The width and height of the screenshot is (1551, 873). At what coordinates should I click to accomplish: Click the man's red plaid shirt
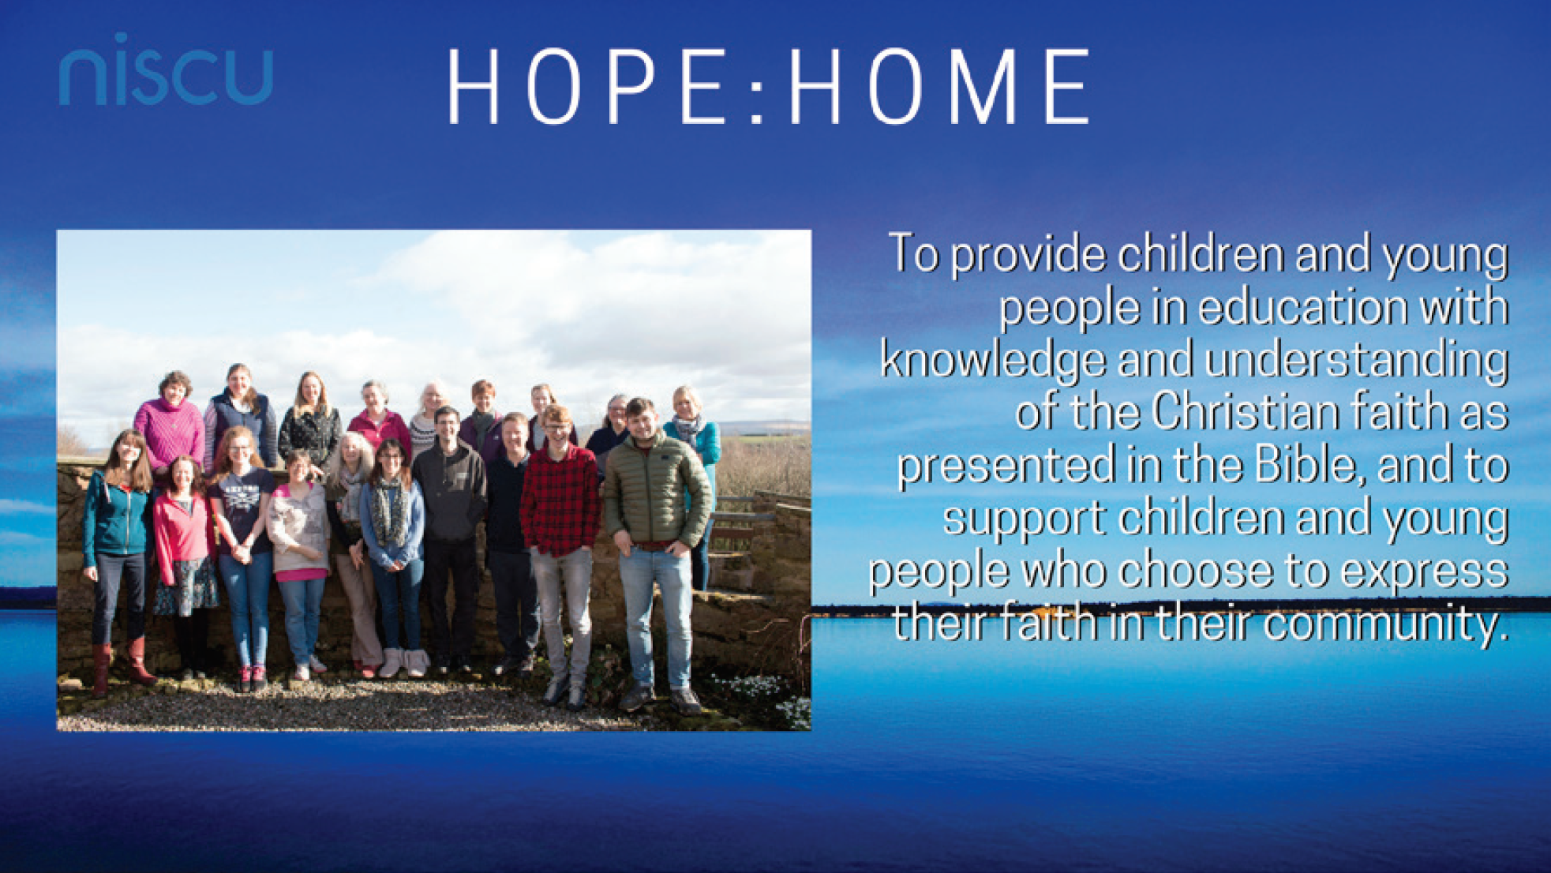click(560, 497)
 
